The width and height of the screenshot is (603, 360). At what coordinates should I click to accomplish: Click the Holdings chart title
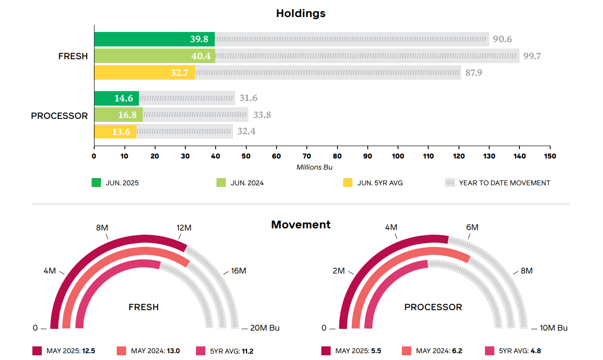[x=300, y=14]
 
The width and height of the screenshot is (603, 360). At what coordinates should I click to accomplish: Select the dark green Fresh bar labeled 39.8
[x=154, y=39]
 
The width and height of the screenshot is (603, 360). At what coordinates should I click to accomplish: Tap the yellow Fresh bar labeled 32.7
[x=144, y=72]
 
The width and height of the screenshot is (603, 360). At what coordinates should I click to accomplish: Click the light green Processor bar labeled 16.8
[x=118, y=115]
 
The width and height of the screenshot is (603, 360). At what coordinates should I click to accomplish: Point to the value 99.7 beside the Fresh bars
[x=532, y=56]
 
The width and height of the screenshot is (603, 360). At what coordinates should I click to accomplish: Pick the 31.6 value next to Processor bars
[x=248, y=98]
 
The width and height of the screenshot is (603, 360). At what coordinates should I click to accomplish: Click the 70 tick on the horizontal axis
[x=307, y=156]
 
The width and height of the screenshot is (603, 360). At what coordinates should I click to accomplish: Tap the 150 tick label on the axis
[x=550, y=156]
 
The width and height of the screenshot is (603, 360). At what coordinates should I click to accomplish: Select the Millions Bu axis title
[x=314, y=167]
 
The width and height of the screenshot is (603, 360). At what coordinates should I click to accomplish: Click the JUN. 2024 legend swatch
[x=221, y=183]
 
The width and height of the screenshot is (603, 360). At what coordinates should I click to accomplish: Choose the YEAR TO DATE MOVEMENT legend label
[x=505, y=183]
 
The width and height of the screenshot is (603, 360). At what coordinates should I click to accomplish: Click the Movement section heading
[x=300, y=225]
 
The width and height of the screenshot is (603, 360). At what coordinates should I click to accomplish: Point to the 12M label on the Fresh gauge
[x=184, y=228]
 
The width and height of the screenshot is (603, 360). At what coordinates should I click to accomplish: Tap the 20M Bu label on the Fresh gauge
[x=265, y=328]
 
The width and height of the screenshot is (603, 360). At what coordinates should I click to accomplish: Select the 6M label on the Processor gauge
[x=472, y=228]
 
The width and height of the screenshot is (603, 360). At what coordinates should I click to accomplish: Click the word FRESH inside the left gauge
[x=144, y=307]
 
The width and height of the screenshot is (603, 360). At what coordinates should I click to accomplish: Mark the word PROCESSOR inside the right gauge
[x=433, y=307]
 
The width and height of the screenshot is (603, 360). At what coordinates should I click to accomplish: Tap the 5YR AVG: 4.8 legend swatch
[x=490, y=351]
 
